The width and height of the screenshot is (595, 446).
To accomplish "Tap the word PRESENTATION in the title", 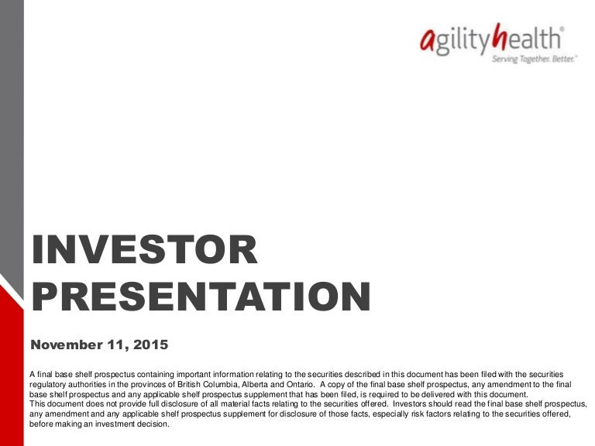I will (x=201, y=297).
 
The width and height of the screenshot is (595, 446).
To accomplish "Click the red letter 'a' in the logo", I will (x=428, y=40).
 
